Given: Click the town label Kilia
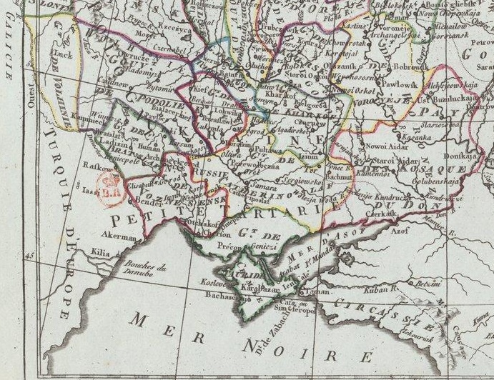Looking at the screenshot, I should pyautogui.click(x=102, y=251).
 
